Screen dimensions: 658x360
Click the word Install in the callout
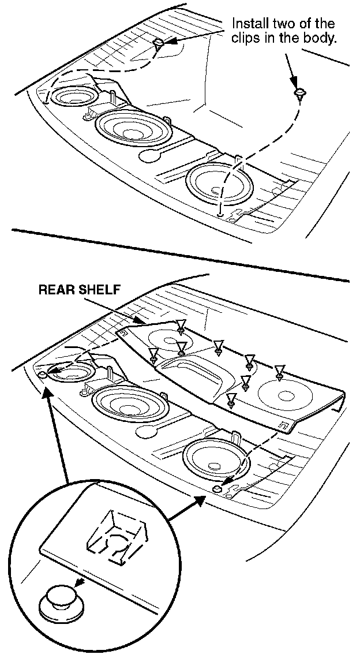249,24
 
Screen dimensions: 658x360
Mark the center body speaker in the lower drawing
132,407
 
